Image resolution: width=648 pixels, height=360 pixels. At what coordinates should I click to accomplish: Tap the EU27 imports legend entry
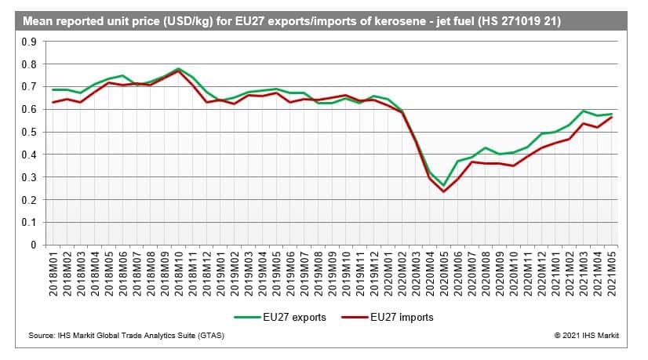(395, 317)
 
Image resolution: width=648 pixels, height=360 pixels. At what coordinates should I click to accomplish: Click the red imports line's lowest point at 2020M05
(443, 191)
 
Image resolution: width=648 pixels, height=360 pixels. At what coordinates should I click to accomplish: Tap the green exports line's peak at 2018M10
(179, 68)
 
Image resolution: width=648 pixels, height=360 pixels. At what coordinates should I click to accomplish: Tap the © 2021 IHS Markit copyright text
(585, 335)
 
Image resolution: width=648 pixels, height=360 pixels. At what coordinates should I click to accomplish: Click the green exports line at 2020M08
(486, 147)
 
